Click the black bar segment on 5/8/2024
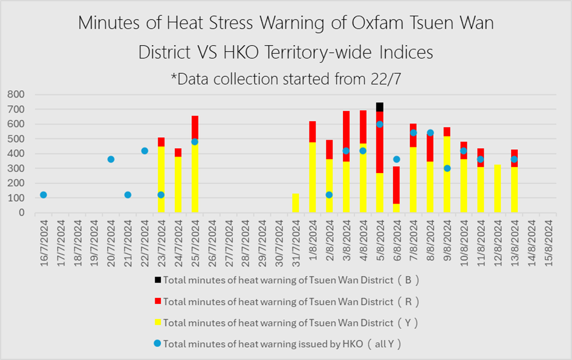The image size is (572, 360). [380, 107]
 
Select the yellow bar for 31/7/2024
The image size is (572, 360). [296, 203]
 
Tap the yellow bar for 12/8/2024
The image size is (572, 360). [498, 188]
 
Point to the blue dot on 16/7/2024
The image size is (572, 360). [43, 195]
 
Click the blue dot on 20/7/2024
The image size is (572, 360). [111, 159]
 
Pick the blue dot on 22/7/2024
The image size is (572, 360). [144, 150]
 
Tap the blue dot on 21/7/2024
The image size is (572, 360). [128, 195]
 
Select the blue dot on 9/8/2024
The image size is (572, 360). [447, 168]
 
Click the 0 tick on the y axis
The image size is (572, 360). [21, 213]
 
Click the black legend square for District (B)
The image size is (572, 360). [158, 280]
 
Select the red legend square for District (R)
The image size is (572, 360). [158, 301]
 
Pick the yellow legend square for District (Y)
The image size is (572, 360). [158, 322]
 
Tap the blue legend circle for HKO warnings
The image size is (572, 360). [158, 343]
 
